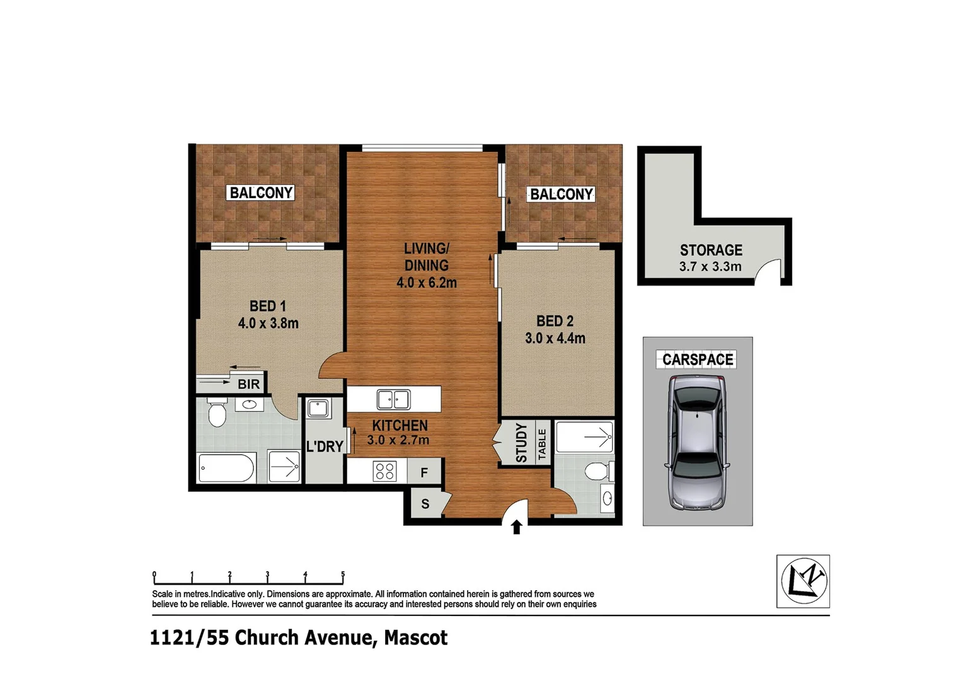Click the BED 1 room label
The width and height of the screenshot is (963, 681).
(x=268, y=306)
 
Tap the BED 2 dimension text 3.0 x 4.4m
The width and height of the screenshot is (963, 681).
(x=555, y=339)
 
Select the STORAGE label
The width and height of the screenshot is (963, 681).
(x=711, y=250)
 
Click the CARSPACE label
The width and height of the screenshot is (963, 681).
(x=698, y=360)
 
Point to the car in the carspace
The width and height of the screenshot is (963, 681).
(x=697, y=442)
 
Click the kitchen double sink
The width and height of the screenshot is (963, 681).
(x=393, y=400)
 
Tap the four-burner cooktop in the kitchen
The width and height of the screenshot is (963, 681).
(x=384, y=471)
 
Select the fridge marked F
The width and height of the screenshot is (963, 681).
(x=424, y=472)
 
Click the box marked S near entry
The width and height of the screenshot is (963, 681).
(x=425, y=504)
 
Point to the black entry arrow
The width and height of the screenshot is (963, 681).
(x=516, y=527)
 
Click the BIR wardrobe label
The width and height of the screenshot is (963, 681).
(x=248, y=384)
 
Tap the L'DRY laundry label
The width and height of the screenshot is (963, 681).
(x=325, y=446)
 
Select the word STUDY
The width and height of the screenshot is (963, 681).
(x=521, y=443)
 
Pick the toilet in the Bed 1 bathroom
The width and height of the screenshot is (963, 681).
(x=216, y=413)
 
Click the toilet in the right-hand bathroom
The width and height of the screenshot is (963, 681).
(x=596, y=471)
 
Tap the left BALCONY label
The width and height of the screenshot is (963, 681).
(x=261, y=193)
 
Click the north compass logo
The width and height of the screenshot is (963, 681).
(x=803, y=581)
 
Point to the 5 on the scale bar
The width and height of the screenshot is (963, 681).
(x=343, y=574)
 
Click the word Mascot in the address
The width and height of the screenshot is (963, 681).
(x=416, y=638)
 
